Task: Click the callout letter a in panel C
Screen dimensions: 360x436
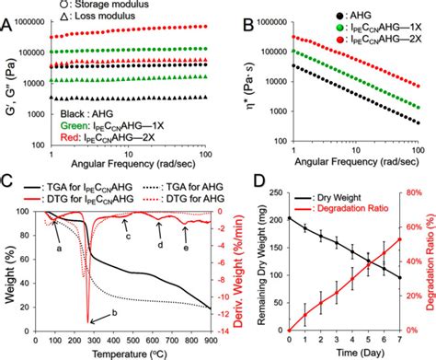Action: (x=58, y=249)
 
